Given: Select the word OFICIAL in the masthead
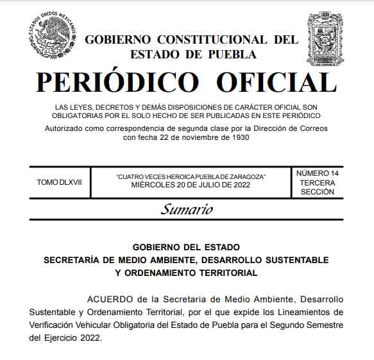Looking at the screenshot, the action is (276, 82).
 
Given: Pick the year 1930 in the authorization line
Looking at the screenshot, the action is (235, 137).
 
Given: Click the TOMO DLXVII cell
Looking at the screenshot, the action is (59, 182).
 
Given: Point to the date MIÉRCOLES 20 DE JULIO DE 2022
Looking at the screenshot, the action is (191, 185).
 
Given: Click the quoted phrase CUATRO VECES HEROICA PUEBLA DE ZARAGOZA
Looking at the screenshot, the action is (191, 176).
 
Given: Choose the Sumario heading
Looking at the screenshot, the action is (187, 209).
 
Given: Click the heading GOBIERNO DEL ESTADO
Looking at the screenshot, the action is (186, 247).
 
